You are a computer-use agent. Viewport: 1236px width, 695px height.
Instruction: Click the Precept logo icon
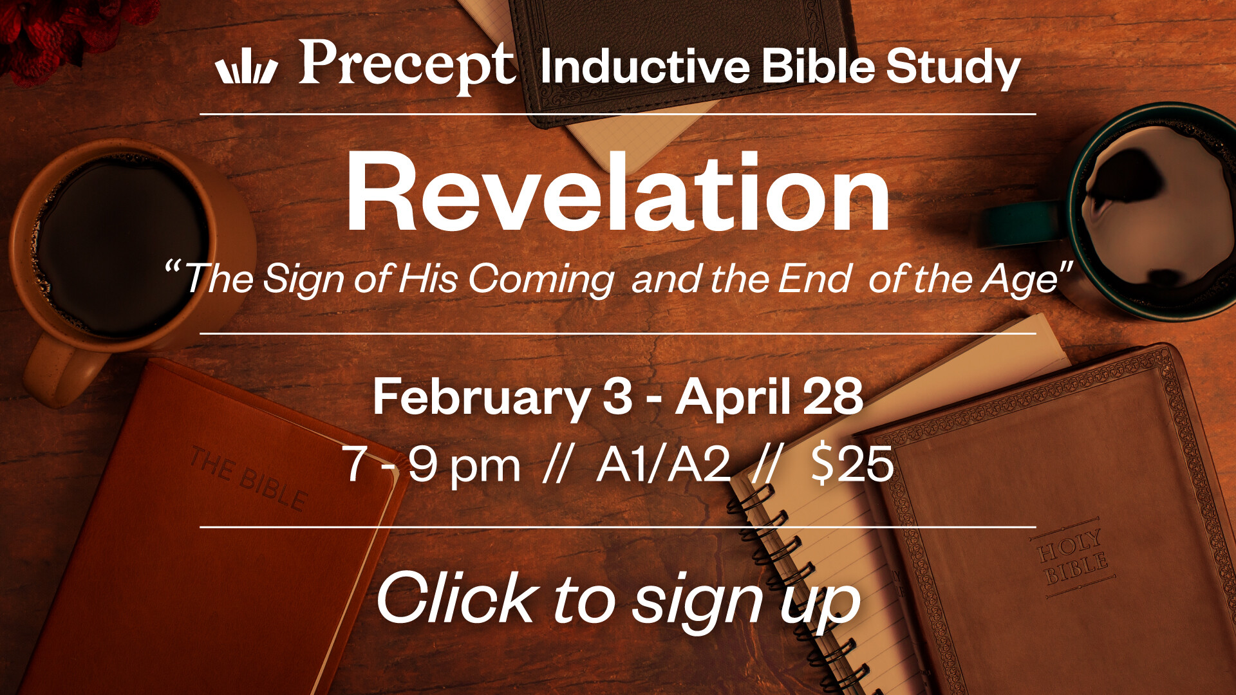click(247, 69)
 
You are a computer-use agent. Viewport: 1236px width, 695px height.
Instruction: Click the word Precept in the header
click(407, 67)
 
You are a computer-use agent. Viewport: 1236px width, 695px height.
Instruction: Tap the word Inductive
click(645, 67)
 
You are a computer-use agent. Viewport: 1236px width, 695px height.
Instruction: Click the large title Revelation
click(618, 191)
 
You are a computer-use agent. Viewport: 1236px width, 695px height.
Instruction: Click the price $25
click(852, 463)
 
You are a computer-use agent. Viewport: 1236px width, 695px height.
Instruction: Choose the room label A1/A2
click(664, 464)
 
